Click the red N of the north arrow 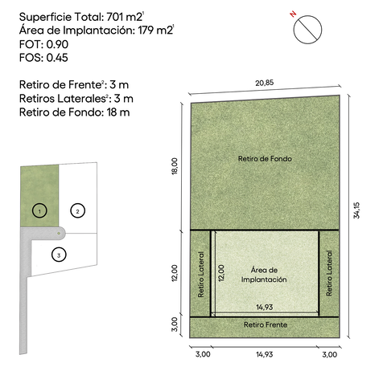(294, 14)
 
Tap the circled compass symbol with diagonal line (307, 30)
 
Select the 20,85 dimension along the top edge (265, 83)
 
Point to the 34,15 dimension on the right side (356, 210)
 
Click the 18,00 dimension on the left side (175, 166)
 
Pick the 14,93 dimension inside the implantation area (265, 307)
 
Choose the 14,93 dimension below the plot (265, 354)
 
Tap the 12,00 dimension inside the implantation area (221, 273)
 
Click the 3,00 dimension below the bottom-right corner (330, 354)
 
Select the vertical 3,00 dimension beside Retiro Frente (175, 324)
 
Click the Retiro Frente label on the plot (266, 324)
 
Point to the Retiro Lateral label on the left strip (201, 275)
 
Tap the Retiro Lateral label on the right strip (329, 273)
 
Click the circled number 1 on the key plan (39, 210)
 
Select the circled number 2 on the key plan (78, 210)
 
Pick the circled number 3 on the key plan (59, 255)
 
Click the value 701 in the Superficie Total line (115, 17)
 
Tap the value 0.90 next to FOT (57, 44)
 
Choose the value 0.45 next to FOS (57, 58)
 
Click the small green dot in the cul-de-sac (59, 234)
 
